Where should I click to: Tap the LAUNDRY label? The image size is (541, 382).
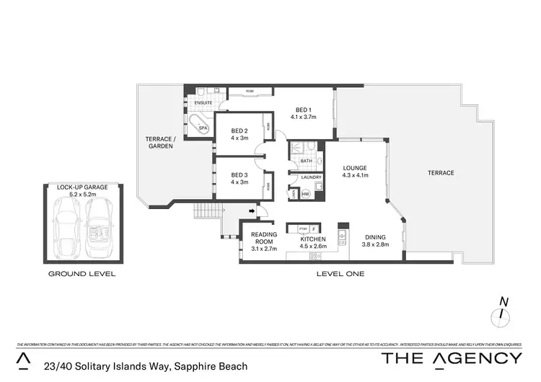pyautogui.click(x=311, y=177)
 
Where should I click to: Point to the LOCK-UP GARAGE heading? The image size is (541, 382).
pyautogui.click(x=82, y=187)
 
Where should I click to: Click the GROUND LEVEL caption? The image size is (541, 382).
pyautogui.click(x=82, y=274)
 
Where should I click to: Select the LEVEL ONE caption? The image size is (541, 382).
pyautogui.click(x=340, y=274)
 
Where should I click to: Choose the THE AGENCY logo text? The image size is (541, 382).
pyautogui.click(x=452, y=358)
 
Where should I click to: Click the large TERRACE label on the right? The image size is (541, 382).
pyautogui.click(x=441, y=173)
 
